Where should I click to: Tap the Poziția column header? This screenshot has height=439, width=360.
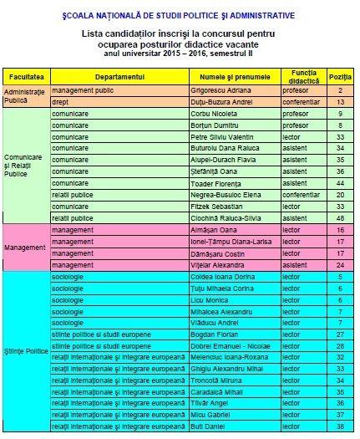click(339, 75)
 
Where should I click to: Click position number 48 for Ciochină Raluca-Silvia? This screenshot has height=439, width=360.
click(339, 217)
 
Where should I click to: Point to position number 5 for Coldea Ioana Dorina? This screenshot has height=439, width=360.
click(339, 275)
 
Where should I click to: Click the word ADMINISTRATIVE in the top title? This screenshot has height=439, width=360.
click(251, 15)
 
